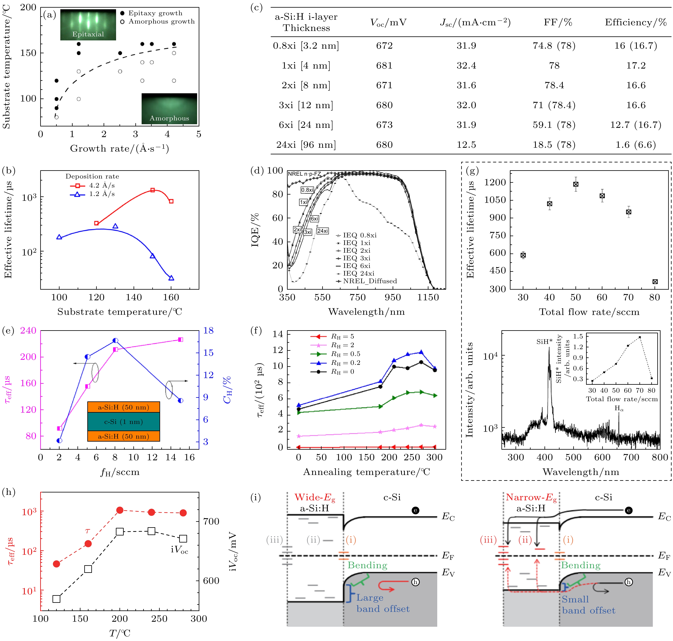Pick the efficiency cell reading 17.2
click(x=636, y=66)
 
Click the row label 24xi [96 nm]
click(x=306, y=145)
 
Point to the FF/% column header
click(x=558, y=23)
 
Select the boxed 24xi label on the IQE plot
click(x=322, y=231)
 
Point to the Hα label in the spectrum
click(x=619, y=408)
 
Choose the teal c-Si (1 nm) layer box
click(x=123, y=422)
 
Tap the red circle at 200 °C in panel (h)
click(x=120, y=510)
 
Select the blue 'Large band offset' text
click(x=383, y=603)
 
